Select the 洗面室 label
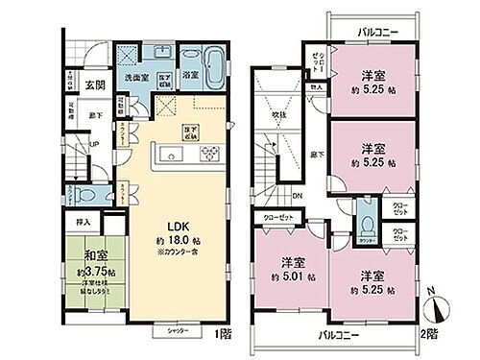tap(135, 77)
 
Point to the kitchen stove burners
tap(208, 153)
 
